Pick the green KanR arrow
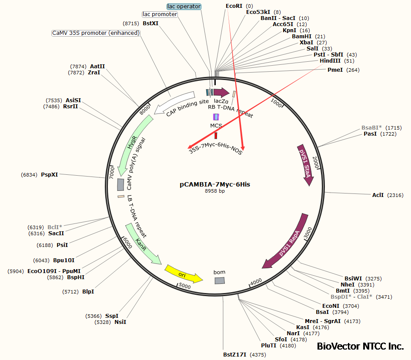[142, 244]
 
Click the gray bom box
[220, 281]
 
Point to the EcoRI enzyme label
[234, 6]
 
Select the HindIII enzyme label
[331, 61]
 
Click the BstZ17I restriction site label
[235, 355]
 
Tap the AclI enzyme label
[378, 195]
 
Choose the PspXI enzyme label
[50, 174]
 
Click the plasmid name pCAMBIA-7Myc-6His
[215, 184]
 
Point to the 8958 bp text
[215, 191]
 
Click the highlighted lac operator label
[184, 7]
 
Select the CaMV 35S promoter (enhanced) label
[96, 33]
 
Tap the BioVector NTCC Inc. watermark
[360, 347]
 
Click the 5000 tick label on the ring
[185, 286]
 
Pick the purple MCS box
[216, 117]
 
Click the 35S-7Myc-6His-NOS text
[215, 151]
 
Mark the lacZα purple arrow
[221, 92]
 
